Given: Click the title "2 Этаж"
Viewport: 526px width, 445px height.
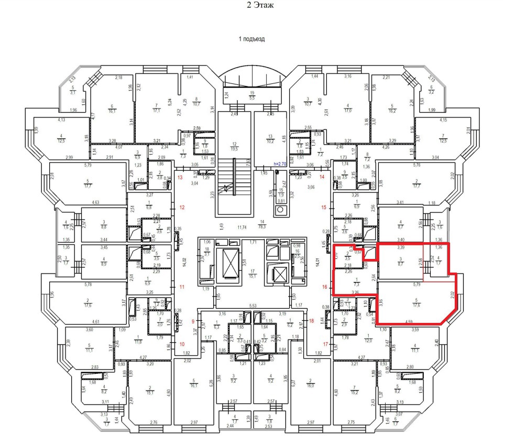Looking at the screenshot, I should [260, 6].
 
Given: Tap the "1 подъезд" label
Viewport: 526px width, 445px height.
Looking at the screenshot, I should [252, 39].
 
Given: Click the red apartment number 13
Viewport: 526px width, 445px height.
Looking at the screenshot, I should [181, 178].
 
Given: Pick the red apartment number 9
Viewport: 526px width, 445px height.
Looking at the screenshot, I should [193, 321].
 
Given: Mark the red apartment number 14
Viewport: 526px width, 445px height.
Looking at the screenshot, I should [322, 177].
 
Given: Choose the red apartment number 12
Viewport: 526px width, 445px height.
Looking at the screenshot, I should [182, 208].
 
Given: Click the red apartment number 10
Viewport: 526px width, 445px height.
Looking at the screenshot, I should [182, 344].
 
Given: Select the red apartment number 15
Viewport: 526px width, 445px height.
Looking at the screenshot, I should [324, 208].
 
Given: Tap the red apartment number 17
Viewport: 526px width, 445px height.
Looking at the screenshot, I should [325, 344].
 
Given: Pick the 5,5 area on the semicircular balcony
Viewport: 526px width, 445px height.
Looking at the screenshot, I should [252, 98].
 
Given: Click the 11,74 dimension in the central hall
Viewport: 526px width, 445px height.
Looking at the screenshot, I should [242, 227].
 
